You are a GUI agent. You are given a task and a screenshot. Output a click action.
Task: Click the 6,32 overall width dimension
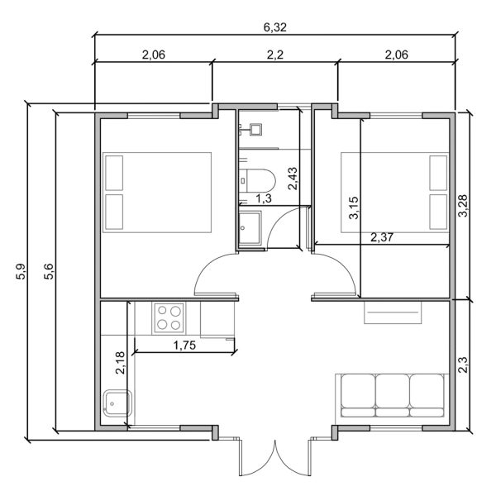click(274, 26)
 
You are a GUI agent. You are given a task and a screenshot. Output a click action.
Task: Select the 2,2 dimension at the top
click(274, 55)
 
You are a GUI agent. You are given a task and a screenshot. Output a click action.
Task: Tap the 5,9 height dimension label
click(21, 271)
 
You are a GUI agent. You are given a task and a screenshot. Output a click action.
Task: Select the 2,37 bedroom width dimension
click(382, 238)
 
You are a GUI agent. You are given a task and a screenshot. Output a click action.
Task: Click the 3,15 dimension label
click(354, 207)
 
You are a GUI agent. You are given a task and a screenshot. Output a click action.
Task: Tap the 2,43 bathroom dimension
click(292, 179)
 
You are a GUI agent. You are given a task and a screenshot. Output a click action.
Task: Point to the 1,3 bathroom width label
click(263, 198)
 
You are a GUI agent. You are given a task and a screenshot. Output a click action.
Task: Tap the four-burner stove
click(169, 317)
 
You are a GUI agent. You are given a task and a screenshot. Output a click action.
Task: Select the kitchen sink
click(113, 403)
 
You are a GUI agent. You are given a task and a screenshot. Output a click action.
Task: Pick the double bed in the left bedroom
click(156, 192)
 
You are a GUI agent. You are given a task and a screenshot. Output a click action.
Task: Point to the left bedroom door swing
click(217, 277)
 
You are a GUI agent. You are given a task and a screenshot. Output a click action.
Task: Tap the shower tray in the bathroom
click(250, 227)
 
